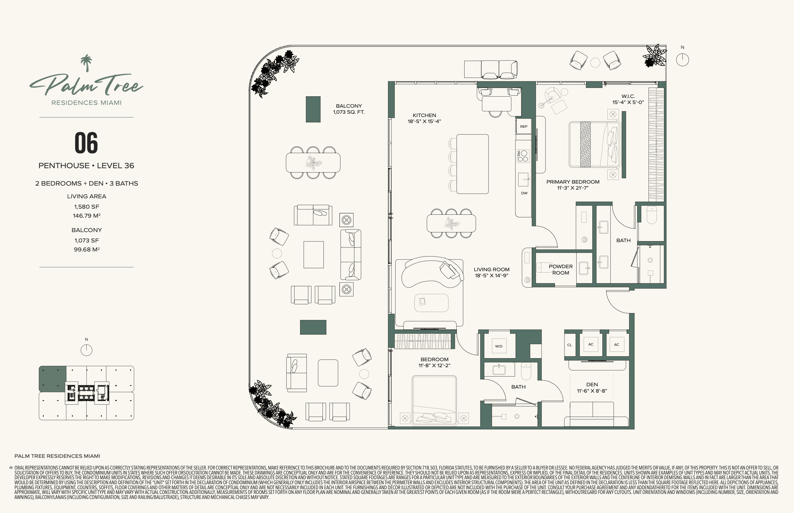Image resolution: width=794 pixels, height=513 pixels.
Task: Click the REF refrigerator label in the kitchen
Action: point(524,126)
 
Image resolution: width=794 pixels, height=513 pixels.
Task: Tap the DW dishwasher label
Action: point(524,193)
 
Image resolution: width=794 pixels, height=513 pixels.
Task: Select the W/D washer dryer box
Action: point(499,346)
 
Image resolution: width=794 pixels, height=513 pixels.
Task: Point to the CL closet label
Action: point(570,345)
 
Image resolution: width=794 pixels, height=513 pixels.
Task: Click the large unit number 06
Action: point(86,143)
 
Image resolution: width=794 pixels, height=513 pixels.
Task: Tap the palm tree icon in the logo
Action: point(86,63)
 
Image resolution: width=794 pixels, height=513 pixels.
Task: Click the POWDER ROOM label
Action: point(561,270)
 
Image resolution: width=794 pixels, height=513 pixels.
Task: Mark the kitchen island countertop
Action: point(473,164)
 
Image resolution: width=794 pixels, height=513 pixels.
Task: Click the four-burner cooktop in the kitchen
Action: point(523,156)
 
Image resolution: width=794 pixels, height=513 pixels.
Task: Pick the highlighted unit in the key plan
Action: point(53,379)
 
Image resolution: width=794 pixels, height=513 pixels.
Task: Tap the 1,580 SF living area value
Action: point(87,207)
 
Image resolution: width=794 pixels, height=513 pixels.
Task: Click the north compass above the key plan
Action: point(86,350)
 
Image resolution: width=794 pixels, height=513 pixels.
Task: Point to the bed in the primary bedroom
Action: point(595,144)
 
